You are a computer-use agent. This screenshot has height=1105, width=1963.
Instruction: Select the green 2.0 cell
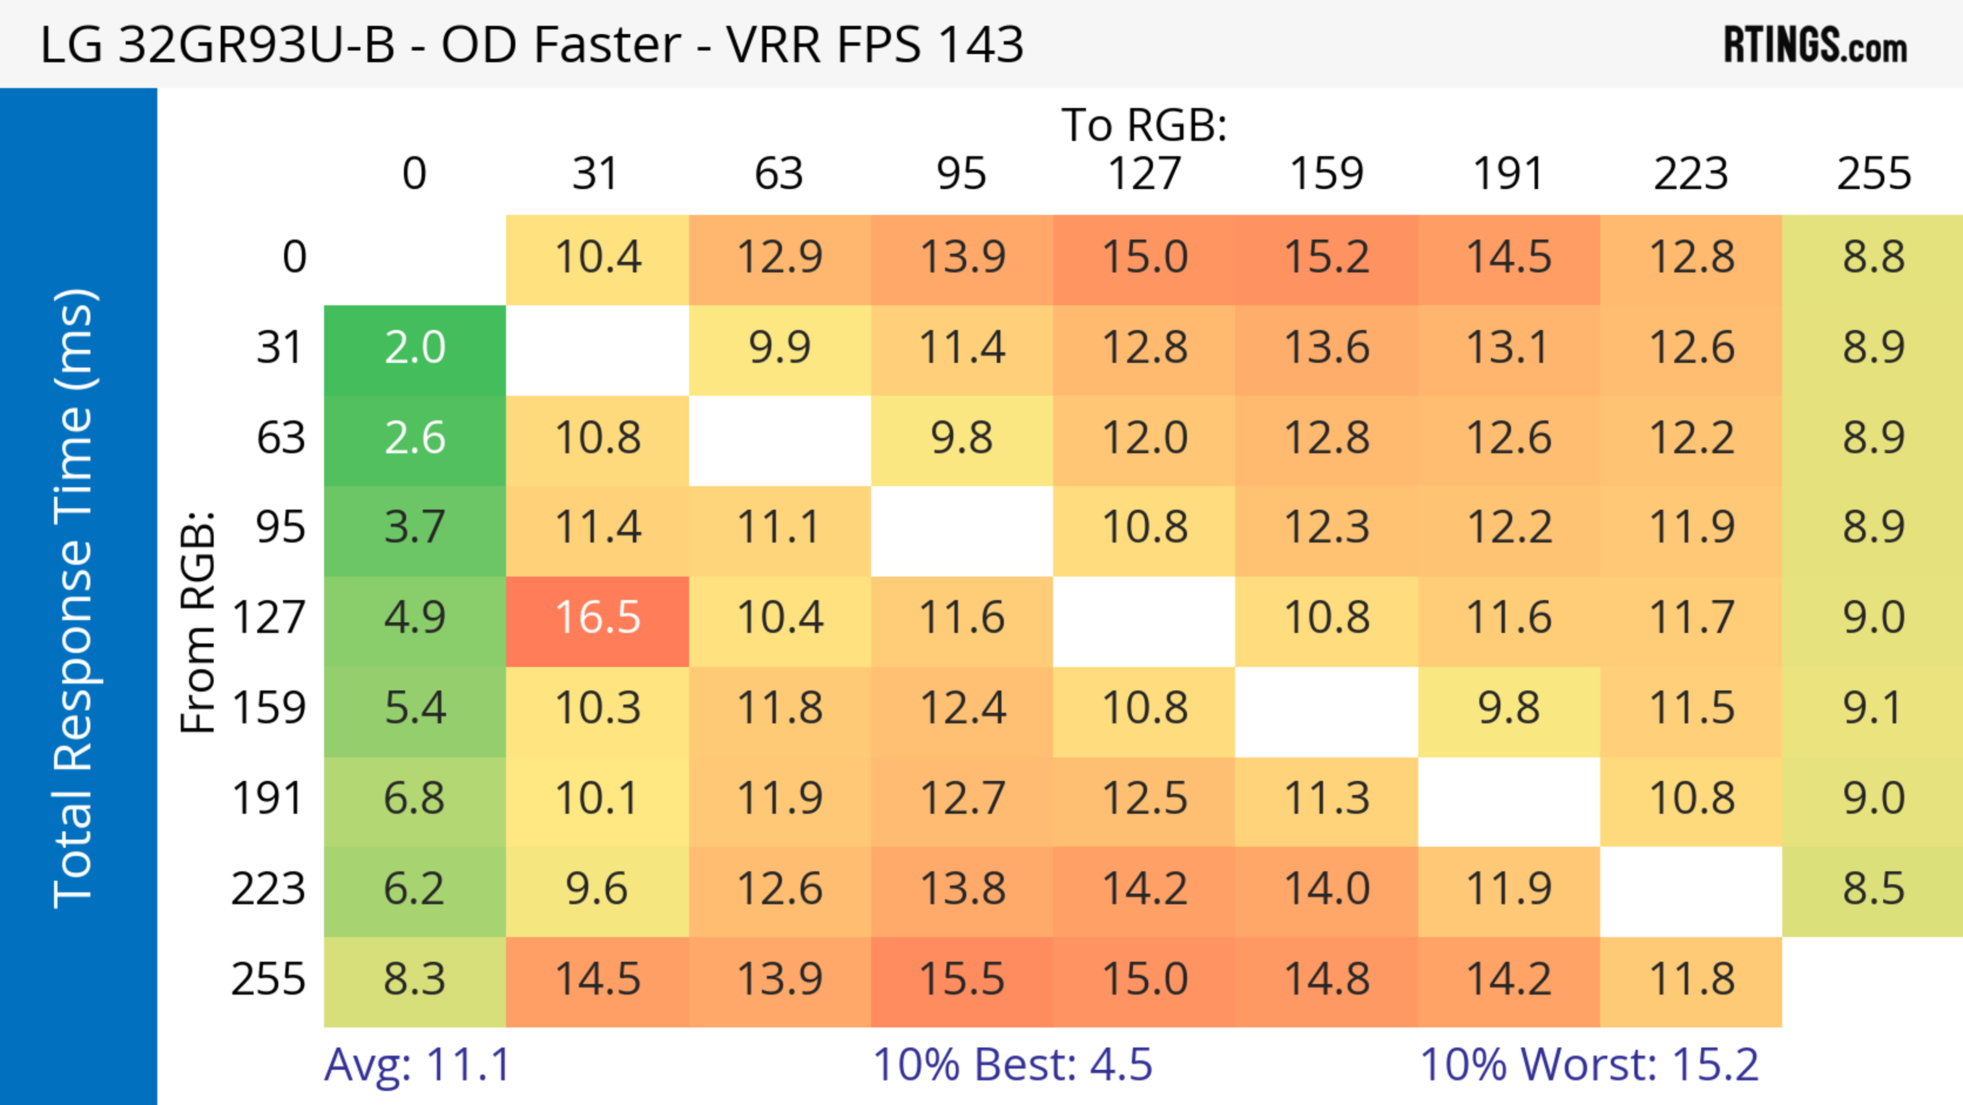(415, 348)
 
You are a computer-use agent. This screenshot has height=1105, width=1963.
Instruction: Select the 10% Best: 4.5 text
(1012, 1065)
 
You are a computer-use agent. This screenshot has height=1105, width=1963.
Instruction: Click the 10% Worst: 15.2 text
(1589, 1065)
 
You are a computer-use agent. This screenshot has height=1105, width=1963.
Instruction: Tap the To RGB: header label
(1144, 125)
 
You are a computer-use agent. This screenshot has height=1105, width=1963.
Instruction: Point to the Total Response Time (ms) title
(74, 598)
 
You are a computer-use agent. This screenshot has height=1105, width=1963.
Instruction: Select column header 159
(1327, 174)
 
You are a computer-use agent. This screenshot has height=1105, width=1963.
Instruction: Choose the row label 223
(268, 889)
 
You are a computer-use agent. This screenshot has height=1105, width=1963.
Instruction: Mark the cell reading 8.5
(1873, 889)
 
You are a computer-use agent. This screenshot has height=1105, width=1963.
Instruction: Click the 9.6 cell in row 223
(598, 889)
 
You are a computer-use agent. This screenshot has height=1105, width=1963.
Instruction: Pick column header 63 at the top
(779, 174)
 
